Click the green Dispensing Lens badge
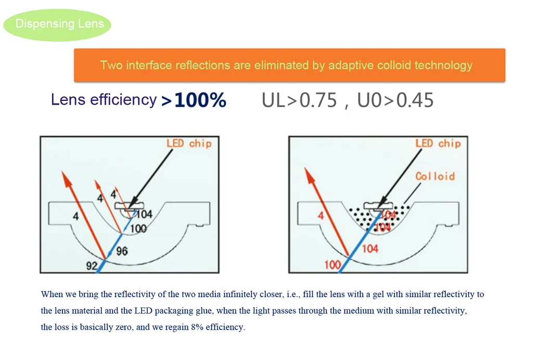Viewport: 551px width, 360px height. coord(57,25)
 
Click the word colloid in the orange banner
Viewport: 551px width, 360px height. coord(393,66)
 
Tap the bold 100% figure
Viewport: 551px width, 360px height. coord(200,100)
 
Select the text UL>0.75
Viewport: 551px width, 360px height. coord(299,100)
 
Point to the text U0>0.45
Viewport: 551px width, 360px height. coord(395,100)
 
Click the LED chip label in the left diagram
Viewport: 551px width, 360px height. coord(189,143)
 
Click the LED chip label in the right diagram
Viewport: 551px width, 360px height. coord(438,143)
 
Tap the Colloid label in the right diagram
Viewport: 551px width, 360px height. coord(435,176)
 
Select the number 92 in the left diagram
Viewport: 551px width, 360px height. coord(92,266)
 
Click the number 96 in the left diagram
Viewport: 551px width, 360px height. coord(122,251)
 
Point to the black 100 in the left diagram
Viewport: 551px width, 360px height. coord(138,229)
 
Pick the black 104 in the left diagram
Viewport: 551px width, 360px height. coord(144,214)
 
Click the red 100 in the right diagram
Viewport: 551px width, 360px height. coord(332,264)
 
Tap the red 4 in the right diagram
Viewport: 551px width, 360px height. coord(321,215)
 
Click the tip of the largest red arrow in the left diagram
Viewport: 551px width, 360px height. coord(62,171)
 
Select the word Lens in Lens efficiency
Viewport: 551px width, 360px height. coord(68,100)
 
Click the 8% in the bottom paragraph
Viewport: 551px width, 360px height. coord(197,327)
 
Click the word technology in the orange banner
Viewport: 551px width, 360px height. coord(443,66)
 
